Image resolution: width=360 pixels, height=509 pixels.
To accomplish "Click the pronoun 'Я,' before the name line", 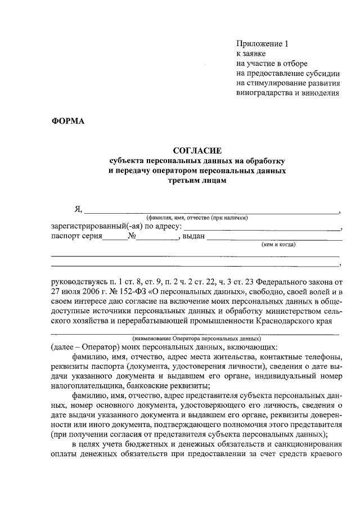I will [x=79, y=209].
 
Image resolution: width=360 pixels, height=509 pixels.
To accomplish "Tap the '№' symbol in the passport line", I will [x=133, y=236].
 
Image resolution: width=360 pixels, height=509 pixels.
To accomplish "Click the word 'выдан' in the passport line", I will [x=193, y=236].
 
